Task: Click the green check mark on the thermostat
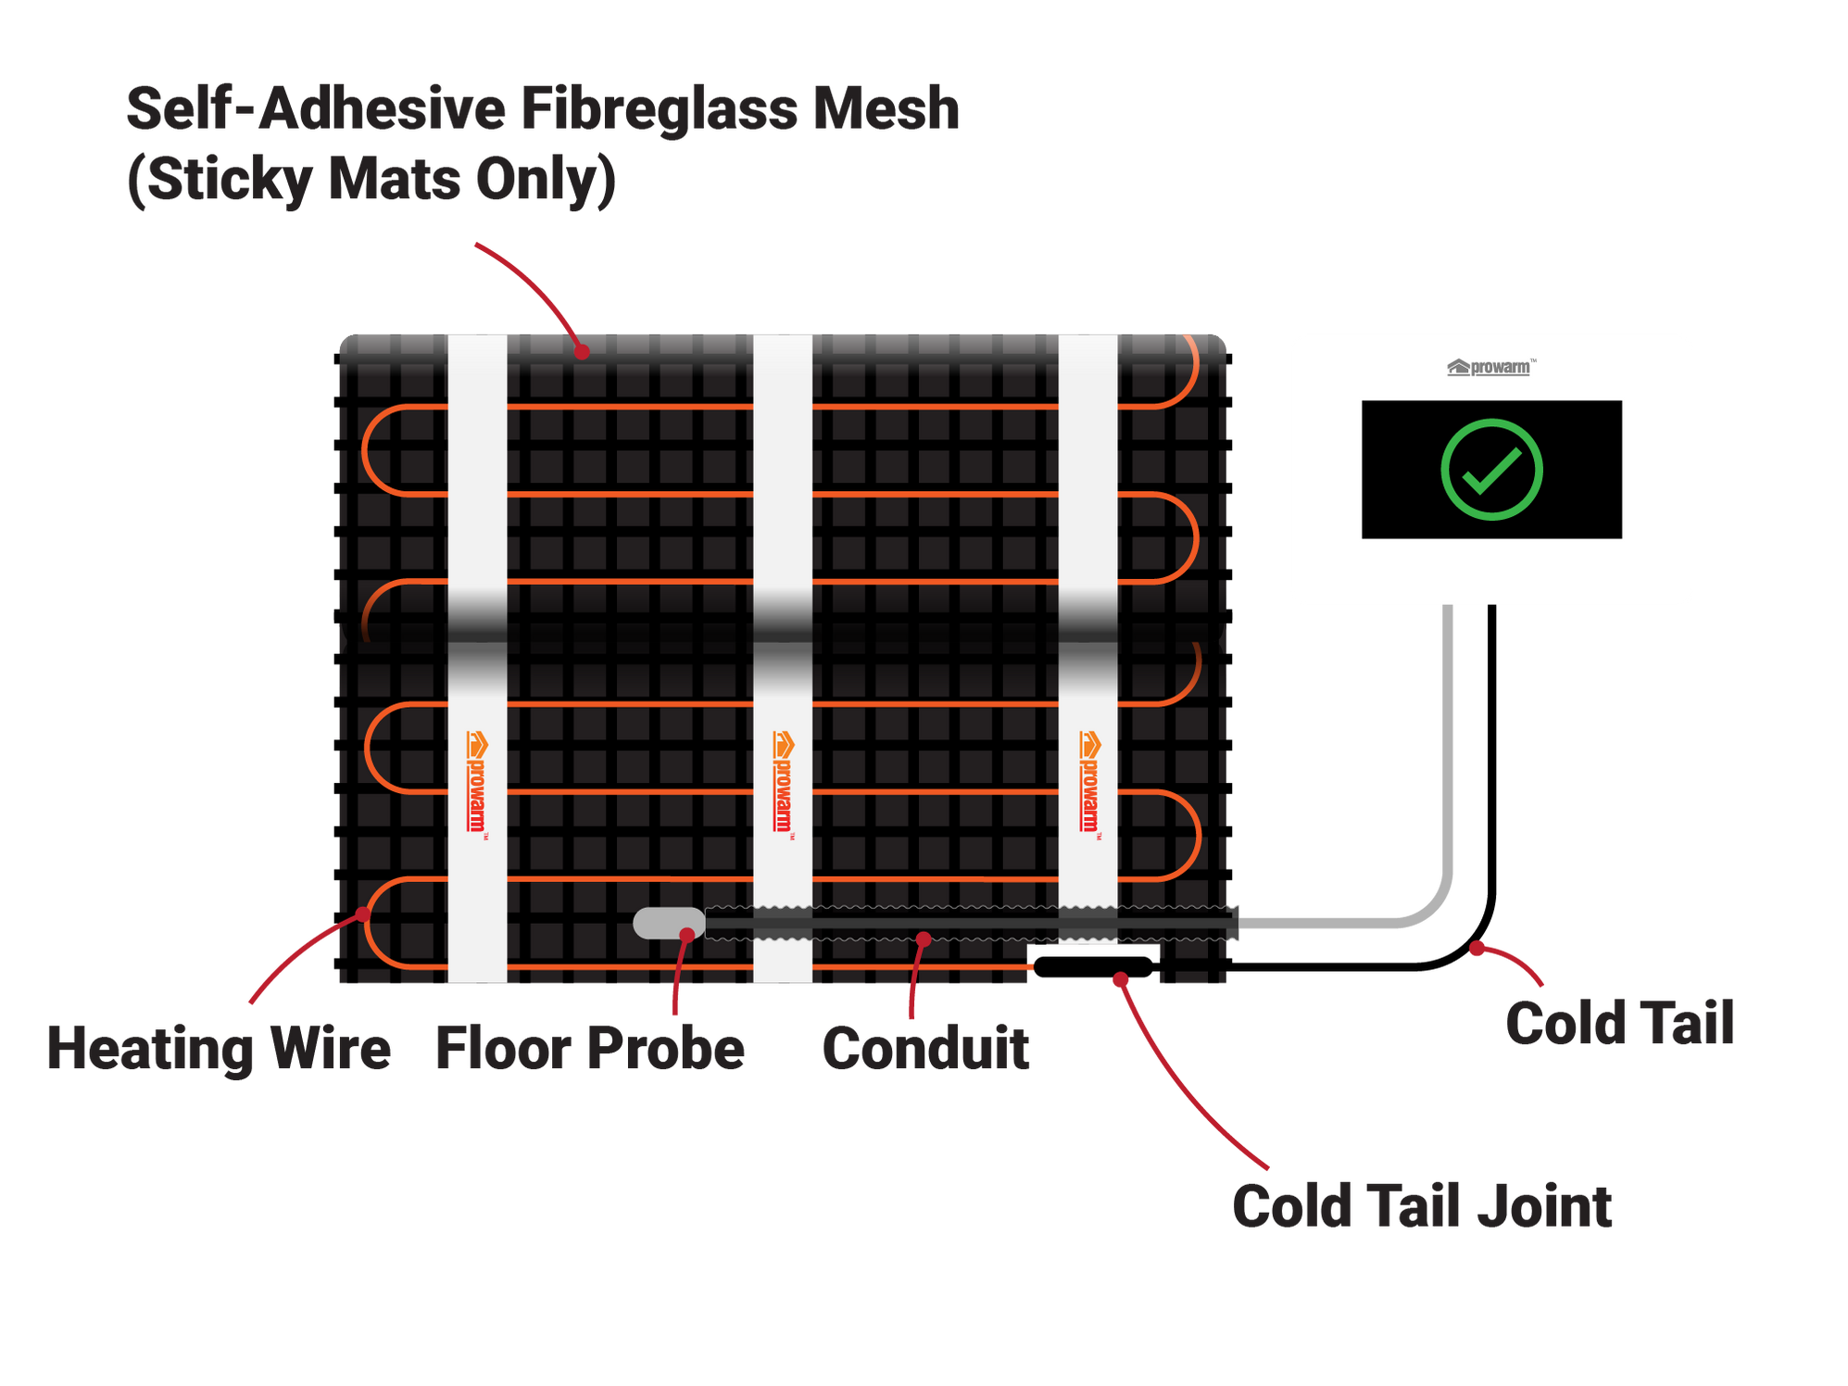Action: click(1491, 470)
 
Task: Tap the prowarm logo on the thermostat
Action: click(1490, 368)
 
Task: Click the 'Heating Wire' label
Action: click(219, 1049)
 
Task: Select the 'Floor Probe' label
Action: click(590, 1049)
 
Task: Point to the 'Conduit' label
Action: click(925, 1049)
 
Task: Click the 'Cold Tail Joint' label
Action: click(1422, 1206)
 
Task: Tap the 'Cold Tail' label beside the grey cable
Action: click(1619, 1024)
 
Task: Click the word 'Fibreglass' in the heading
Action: click(659, 109)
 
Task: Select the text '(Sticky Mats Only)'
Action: click(371, 180)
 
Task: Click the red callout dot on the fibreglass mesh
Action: click(582, 351)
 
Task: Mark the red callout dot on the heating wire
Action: click(363, 914)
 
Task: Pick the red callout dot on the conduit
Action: click(924, 939)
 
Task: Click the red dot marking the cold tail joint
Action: click(1120, 980)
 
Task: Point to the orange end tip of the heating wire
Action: click(1030, 967)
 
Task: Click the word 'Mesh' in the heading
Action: click(886, 109)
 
